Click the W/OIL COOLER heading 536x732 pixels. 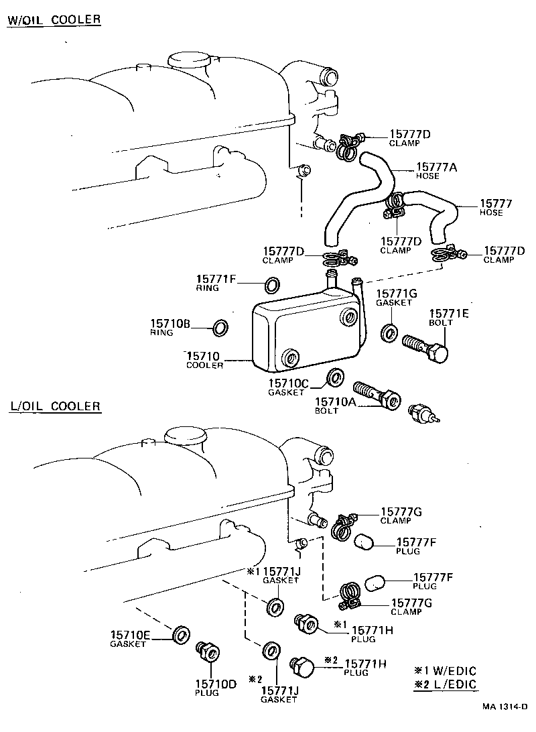(x=54, y=19)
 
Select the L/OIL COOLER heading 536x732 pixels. (x=55, y=406)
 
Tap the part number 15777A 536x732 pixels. (x=436, y=167)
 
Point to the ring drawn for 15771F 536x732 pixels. (x=273, y=285)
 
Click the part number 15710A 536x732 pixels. (x=335, y=402)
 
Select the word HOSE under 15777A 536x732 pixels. (x=427, y=176)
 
